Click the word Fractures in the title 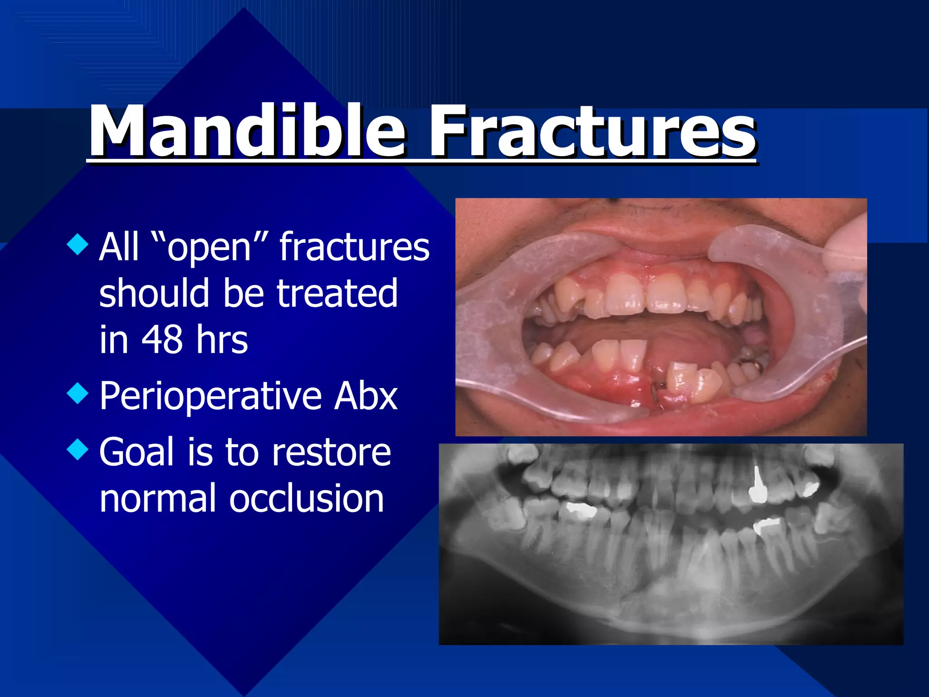[x=592, y=132]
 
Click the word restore [x=331, y=453]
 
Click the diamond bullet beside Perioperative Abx [x=78, y=393]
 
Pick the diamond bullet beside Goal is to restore [x=78, y=449]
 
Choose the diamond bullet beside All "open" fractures [x=78, y=244]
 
